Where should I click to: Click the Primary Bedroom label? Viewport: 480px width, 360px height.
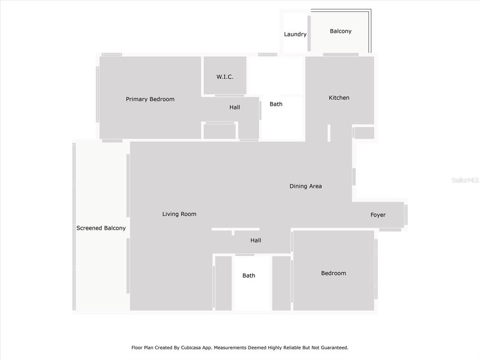click(150, 99)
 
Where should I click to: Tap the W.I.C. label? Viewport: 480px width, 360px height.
click(225, 77)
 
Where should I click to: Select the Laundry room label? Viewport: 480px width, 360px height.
click(295, 34)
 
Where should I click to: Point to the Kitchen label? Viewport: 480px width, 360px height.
click(339, 97)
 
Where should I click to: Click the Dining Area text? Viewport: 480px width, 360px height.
click(306, 186)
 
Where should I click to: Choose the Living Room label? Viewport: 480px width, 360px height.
click(179, 214)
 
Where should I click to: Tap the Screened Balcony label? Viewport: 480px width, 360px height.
click(101, 228)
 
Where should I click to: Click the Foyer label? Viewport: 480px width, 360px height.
click(378, 215)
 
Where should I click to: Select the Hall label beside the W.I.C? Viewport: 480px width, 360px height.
click(235, 107)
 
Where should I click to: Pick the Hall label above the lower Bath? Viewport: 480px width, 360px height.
click(255, 240)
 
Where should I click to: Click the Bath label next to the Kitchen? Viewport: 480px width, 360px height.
click(276, 104)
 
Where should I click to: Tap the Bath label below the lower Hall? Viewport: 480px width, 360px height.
click(248, 276)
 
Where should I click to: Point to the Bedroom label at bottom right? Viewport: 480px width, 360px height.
click(333, 273)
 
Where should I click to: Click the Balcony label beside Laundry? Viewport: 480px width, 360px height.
click(340, 31)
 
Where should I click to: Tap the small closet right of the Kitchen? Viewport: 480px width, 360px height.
click(364, 133)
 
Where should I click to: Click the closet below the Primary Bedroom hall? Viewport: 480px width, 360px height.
click(220, 132)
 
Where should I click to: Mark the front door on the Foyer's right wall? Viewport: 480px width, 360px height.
click(406, 215)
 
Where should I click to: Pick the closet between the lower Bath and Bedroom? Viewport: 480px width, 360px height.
click(281, 283)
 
